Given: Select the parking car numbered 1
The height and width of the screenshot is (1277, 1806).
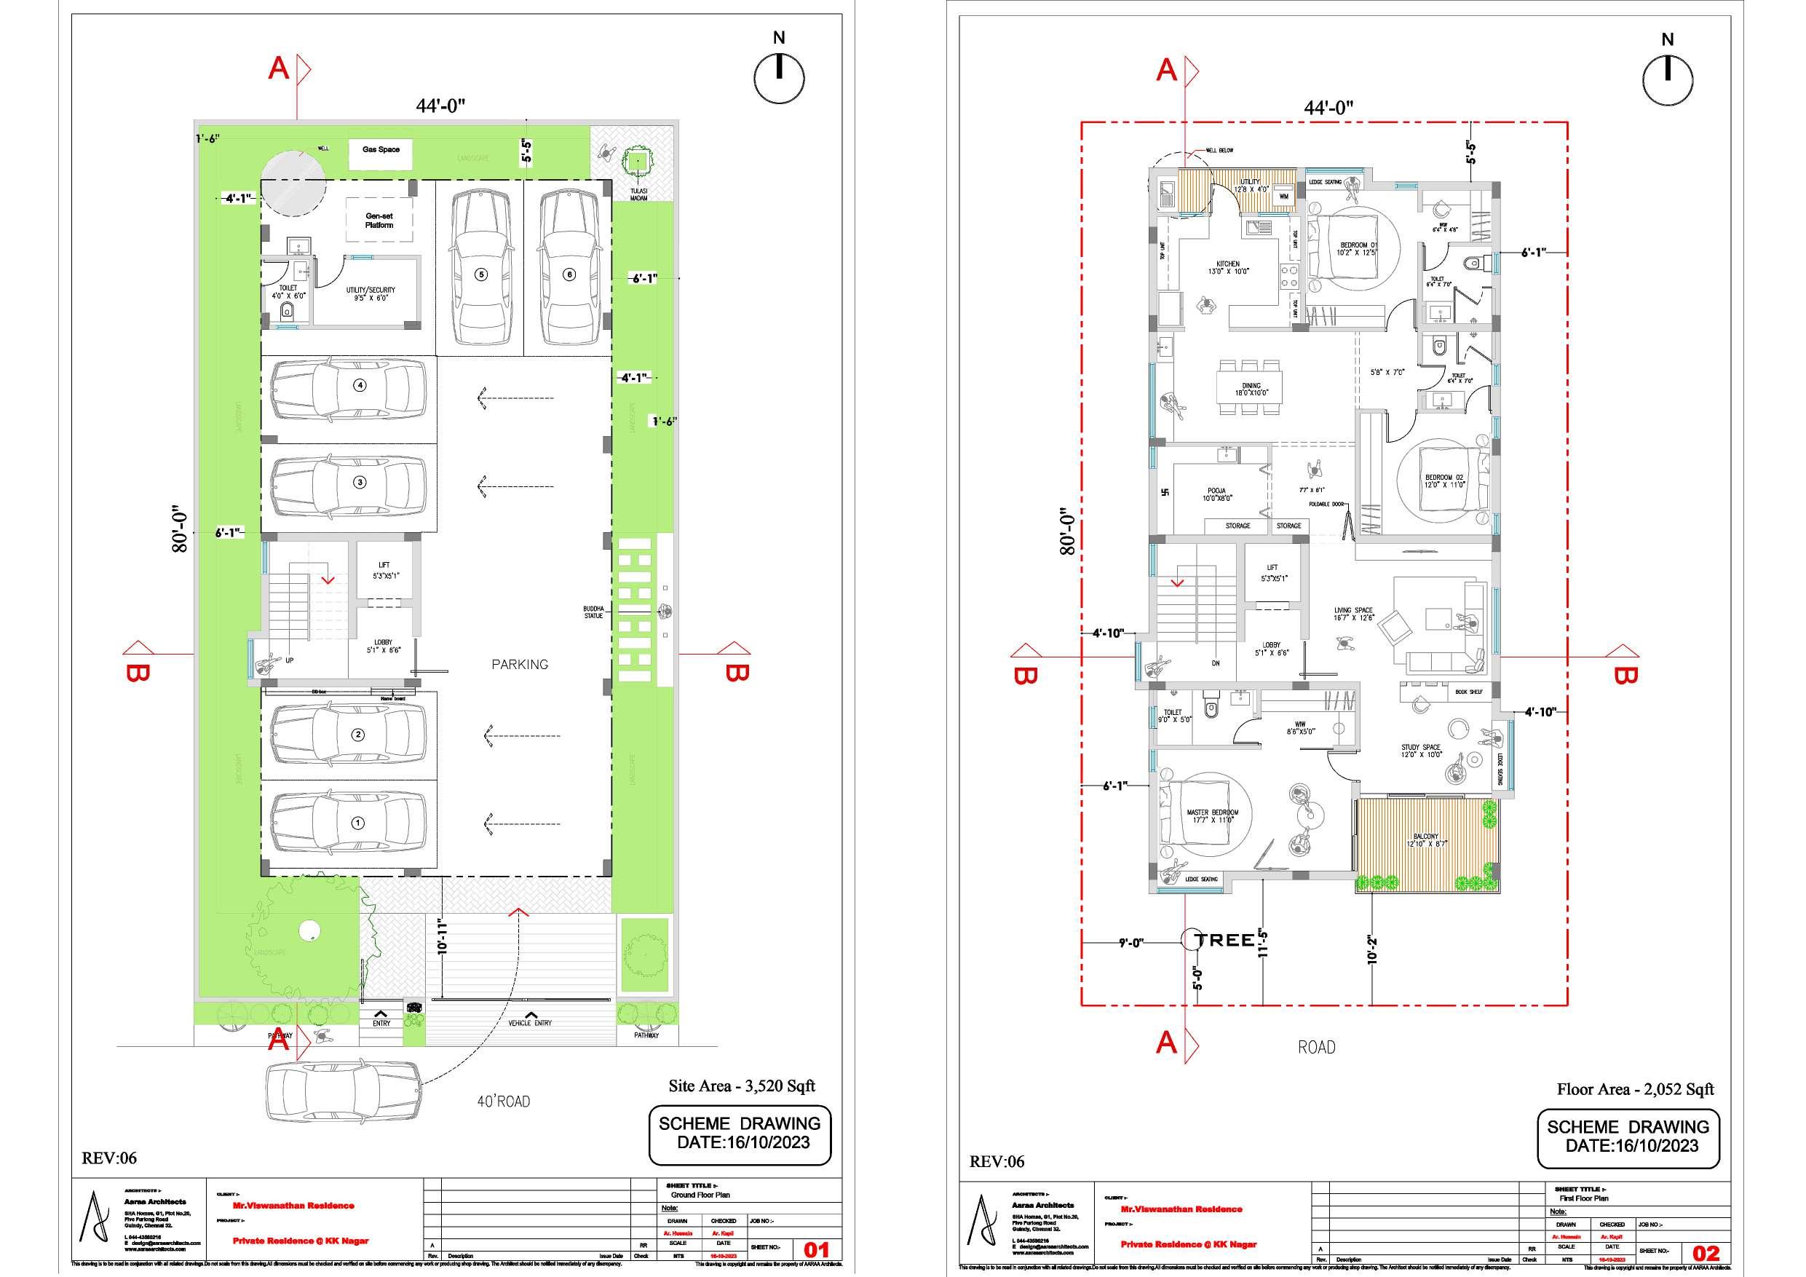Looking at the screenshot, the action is coord(349,823).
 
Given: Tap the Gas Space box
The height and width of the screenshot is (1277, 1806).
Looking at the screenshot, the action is coord(381,154).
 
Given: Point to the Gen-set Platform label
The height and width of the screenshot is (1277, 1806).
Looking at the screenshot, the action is coord(379,221).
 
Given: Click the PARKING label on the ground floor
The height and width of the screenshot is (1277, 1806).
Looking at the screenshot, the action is coord(519,664).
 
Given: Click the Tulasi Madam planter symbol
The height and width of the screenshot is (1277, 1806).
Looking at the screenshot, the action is coord(633,163).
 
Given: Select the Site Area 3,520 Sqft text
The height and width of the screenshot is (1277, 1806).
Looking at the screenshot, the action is coord(741,1086).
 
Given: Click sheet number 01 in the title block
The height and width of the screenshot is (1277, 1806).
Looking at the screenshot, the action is coord(816,1249).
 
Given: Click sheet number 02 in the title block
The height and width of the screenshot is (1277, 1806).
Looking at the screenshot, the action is coord(1706,1252).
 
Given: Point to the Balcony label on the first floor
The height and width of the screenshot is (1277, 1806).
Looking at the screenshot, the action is coord(1425,840).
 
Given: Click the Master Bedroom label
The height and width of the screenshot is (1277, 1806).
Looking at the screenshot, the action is coord(1212,816).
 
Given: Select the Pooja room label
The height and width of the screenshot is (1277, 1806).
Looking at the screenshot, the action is coord(1217,494).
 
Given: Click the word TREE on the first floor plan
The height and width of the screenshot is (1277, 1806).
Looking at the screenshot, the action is coord(1224,940).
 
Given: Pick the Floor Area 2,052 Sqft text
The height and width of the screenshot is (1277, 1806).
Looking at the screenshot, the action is coord(1634,1089).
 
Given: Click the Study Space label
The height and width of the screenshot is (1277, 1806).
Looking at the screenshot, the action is coord(1421,751).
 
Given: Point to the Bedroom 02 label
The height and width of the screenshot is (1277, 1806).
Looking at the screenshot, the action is coord(1444,481).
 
